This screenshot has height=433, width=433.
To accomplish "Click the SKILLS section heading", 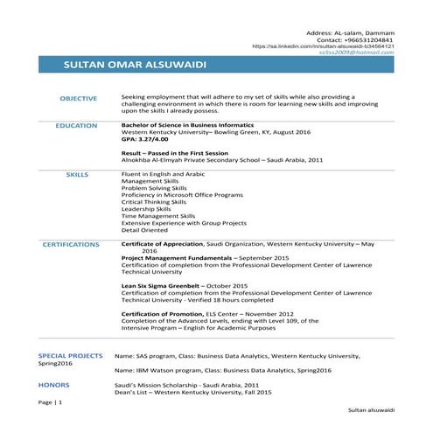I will click(x=77, y=175).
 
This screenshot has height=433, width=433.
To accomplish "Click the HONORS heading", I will click(x=54, y=384).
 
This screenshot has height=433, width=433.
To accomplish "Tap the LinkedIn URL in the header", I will click(x=322, y=45).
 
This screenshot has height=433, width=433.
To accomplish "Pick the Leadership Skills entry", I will click(x=146, y=209).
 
